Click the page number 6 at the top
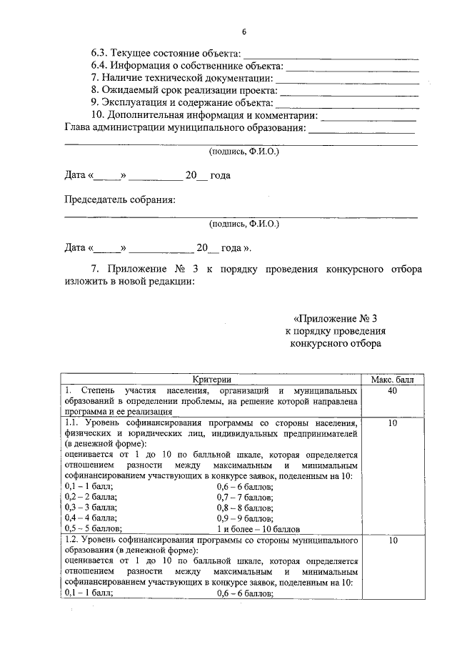click(x=243, y=33)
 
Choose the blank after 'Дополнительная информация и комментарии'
click(x=368, y=117)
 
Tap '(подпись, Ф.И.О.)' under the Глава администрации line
click(x=243, y=152)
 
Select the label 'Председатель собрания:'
click(x=120, y=199)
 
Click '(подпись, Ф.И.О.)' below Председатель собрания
click(x=243, y=224)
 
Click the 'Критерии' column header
click(x=212, y=380)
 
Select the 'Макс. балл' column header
click(x=392, y=380)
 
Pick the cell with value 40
click(x=392, y=392)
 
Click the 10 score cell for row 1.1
click(x=392, y=424)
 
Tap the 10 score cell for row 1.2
click(x=392, y=542)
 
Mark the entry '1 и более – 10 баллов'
click(x=258, y=529)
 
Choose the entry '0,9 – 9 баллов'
click(x=244, y=518)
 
